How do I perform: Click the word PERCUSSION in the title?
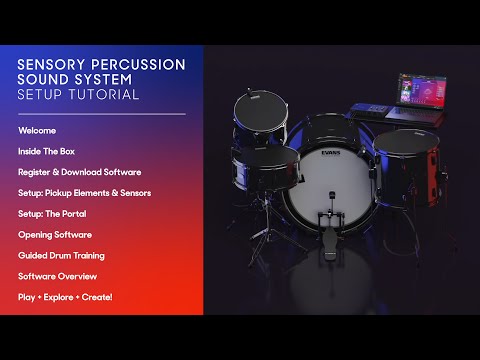coord(138,65)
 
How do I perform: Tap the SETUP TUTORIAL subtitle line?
coord(78,94)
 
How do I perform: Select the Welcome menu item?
coord(37,131)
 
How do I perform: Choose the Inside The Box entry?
coord(46,151)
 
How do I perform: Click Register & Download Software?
coord(80,172)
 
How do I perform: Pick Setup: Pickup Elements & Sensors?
coord(85,193)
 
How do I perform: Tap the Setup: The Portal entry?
coord(52,214)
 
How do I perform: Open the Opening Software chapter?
coord(55,235)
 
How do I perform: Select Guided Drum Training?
coord(61,256)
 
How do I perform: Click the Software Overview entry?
coord(57,276)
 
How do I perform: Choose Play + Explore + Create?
coord(65,297)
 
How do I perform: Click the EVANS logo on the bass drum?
coord(331,153)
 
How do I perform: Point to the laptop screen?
coord(422,90)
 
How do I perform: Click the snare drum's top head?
coord(267,156)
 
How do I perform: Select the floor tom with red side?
coord(410,168)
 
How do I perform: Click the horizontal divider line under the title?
coord(102,114)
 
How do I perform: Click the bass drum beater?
coord(331,197)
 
